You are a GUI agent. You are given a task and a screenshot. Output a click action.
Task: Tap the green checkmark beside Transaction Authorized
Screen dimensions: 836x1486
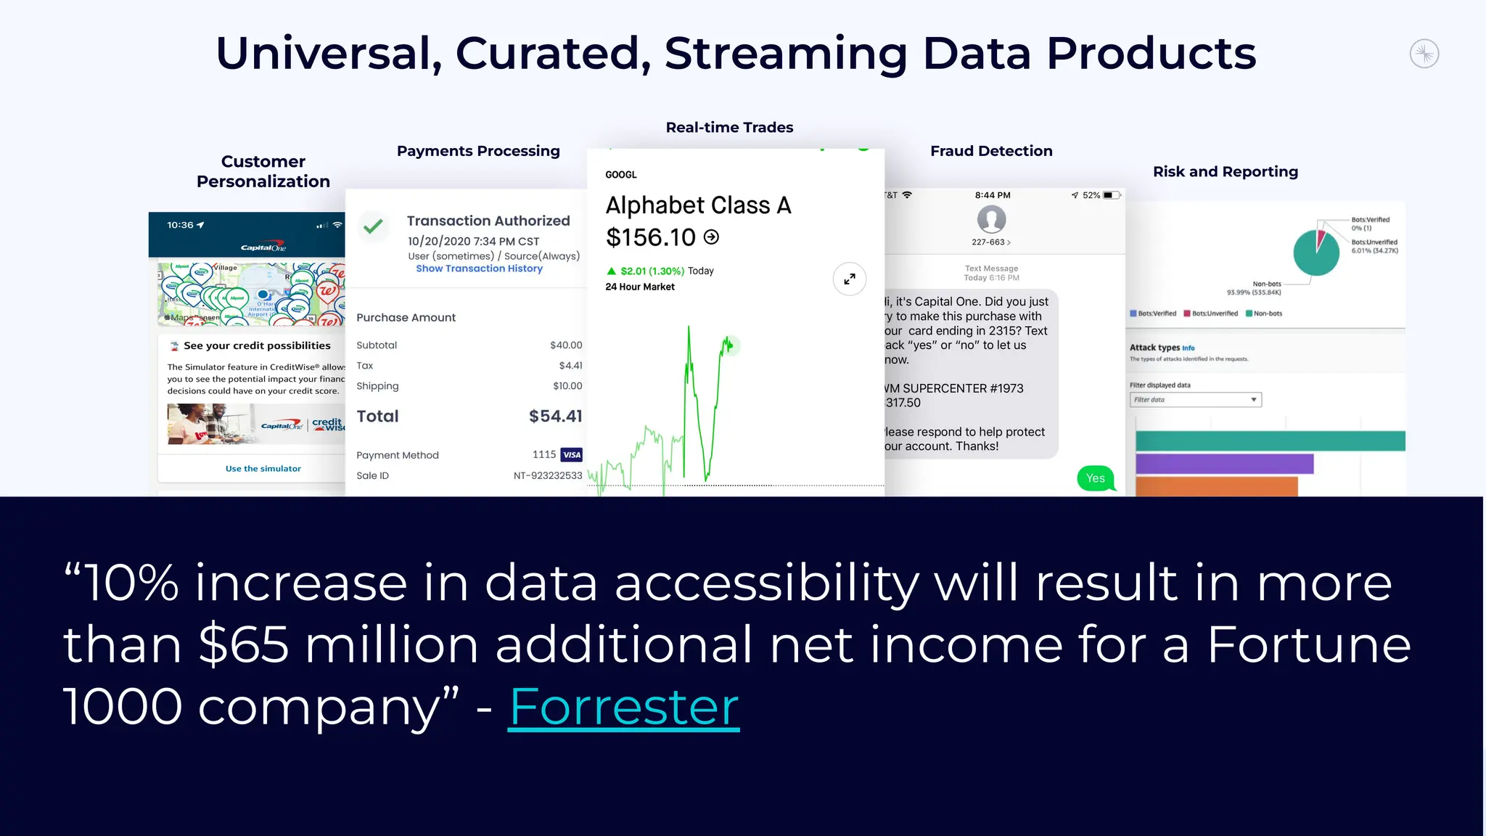pos(373,227)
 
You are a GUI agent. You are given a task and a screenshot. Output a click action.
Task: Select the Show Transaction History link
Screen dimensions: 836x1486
pos(479,269)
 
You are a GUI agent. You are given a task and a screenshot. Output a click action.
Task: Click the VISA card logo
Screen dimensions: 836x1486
pos(572,455)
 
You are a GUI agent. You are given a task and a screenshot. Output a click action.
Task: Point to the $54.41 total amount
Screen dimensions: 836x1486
pos(555,417)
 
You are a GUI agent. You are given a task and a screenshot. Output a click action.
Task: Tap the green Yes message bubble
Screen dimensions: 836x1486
pos(1096,478)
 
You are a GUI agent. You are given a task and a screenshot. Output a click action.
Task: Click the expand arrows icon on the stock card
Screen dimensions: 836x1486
pos(850,279)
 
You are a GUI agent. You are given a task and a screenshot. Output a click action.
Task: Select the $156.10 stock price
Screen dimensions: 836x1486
pos(651,237)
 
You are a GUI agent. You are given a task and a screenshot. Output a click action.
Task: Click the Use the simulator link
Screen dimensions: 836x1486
pos(263,469)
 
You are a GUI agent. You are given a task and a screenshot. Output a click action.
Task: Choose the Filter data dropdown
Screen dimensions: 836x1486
pos(1195,400)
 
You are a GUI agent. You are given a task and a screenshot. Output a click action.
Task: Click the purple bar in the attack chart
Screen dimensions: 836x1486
pos(1224,464)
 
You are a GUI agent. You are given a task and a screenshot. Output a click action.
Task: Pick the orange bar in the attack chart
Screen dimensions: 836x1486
pos(1216,486)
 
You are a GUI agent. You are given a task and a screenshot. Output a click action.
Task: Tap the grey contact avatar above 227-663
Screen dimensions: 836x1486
pos(991,219)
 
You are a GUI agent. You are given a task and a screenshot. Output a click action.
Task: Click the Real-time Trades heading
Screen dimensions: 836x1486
pos(729,128)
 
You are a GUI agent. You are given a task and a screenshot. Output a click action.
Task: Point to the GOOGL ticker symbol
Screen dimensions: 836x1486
pos(621,175)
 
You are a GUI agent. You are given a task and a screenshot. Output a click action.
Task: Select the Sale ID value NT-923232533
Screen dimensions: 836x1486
pos(548,476)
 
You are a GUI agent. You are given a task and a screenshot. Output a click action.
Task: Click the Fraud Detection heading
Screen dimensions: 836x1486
pos(991,151)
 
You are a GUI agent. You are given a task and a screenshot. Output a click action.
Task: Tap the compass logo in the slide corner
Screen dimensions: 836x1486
pos(1424,54)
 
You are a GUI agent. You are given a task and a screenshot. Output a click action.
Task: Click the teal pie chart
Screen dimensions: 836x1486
pos(1315,253)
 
